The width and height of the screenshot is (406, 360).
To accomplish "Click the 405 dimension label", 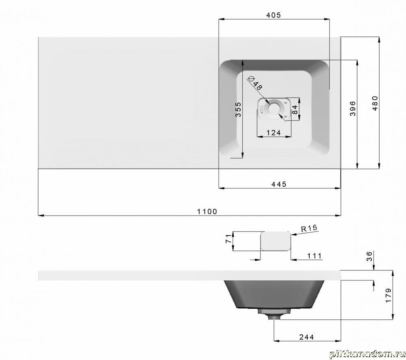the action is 274,15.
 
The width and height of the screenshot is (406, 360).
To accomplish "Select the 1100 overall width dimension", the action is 207,212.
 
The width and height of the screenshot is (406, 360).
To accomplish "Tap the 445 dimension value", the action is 279,184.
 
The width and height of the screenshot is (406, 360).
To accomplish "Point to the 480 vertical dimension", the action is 375,103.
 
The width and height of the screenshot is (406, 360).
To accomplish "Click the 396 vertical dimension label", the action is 353,108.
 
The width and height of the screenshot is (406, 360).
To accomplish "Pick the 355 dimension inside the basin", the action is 238,109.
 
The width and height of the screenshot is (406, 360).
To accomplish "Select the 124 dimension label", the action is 274,133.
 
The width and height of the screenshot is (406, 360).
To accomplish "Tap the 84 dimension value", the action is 295,110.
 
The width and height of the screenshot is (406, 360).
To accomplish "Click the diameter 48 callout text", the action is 255,83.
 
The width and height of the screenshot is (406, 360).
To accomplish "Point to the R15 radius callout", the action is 309,228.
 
